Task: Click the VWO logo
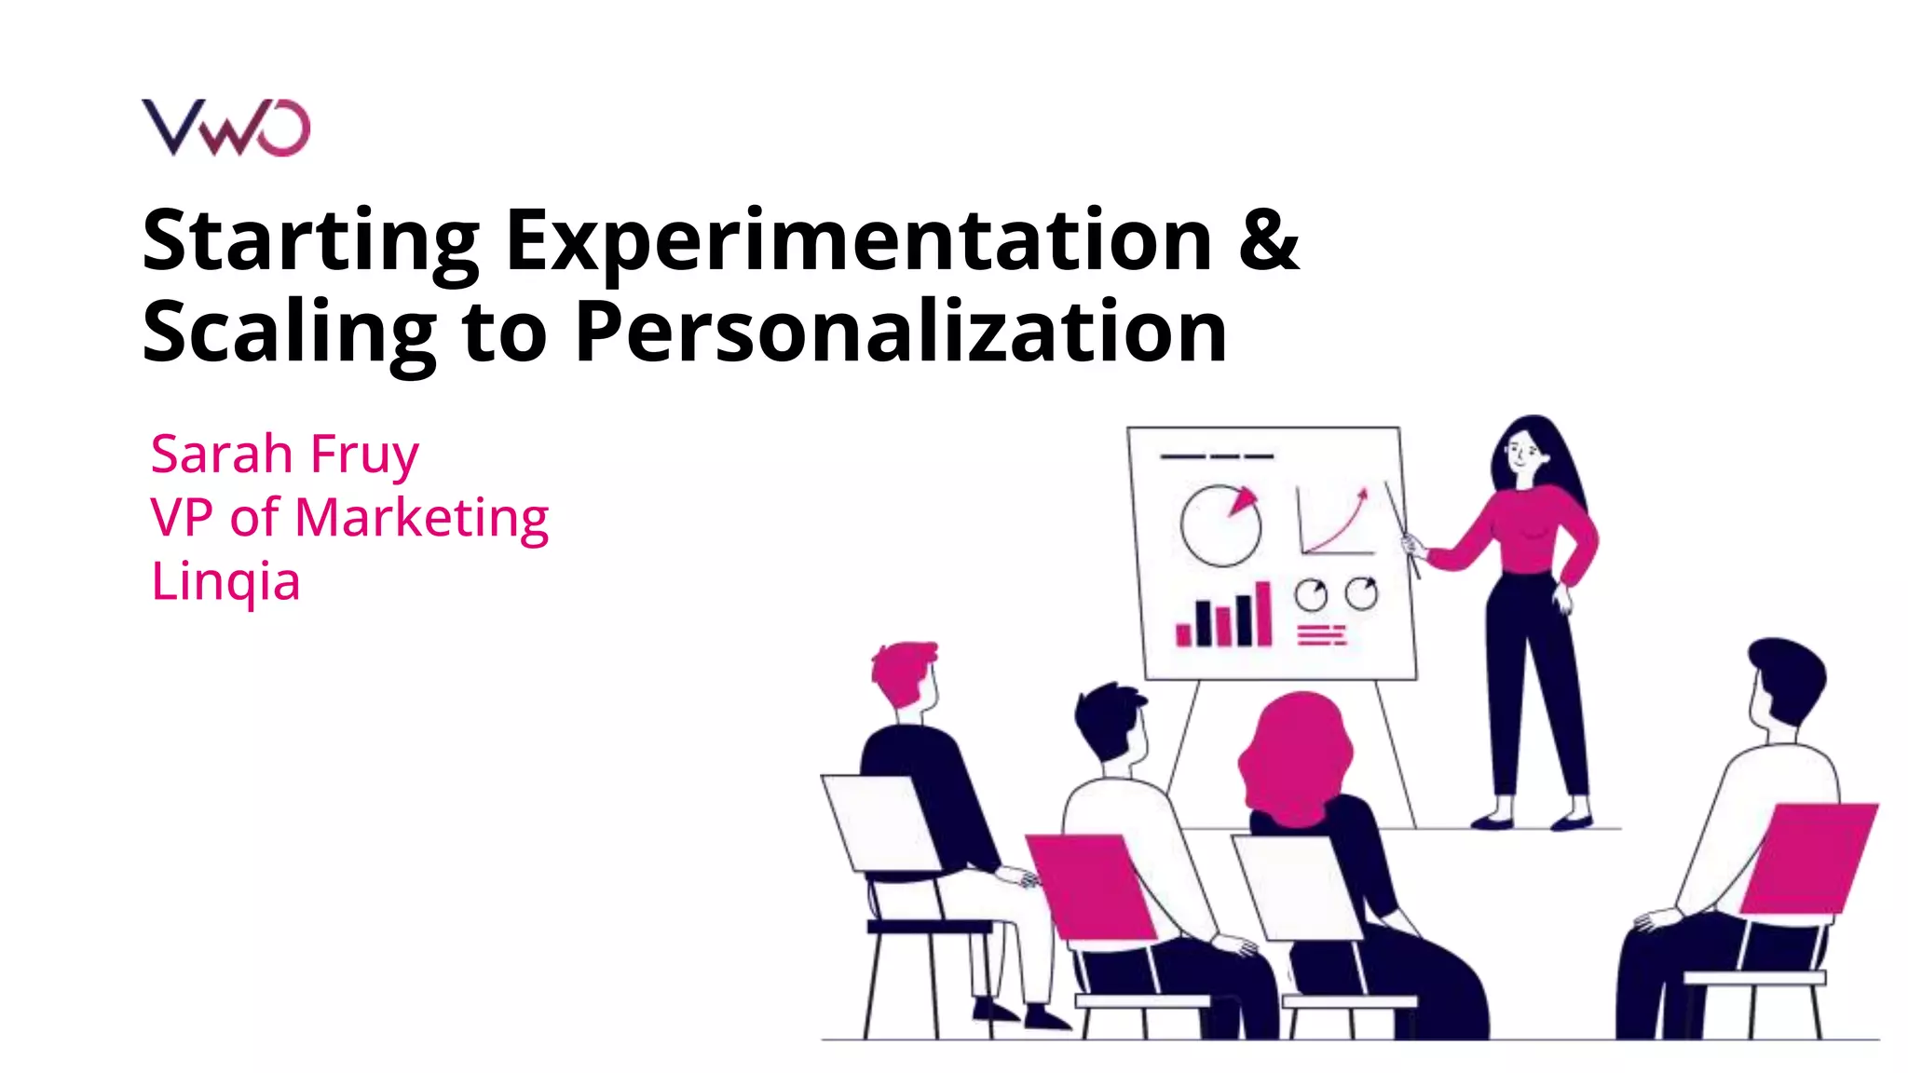(225, 128)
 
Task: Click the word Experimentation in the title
(858, 241)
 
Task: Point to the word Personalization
(900, 332)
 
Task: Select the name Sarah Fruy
(284, 455)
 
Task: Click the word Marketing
(421, 518)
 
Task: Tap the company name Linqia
(225, 581)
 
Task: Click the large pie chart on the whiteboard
(1220, 525)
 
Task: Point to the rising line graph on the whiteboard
(1335, 522)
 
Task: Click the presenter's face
(1521, 454)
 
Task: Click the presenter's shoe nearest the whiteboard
(1492, 822)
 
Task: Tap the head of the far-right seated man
(1783, 680)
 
